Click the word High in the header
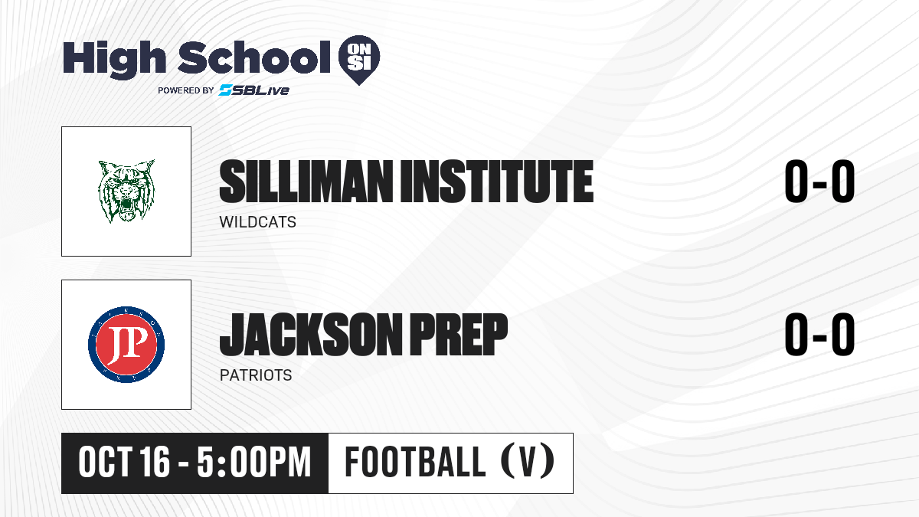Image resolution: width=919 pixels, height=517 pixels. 114,60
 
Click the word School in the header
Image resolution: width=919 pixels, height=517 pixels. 254,57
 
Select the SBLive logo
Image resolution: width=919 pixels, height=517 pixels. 254,90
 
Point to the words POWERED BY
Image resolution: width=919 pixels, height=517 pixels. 186,90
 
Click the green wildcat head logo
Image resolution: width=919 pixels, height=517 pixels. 127,191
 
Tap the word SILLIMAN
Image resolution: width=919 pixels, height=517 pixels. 306,182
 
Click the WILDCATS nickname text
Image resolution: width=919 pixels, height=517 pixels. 257,222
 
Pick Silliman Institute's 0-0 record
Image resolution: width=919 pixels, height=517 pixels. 819,181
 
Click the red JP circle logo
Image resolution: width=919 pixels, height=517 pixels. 126,345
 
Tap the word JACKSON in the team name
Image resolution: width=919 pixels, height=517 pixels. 312,335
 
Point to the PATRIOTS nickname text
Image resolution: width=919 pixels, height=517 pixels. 256,375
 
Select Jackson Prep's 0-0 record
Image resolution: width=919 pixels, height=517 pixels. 819,334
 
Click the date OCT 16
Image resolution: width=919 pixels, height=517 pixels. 124,462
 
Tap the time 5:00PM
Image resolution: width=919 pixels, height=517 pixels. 254,462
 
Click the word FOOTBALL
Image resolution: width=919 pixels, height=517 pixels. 416,462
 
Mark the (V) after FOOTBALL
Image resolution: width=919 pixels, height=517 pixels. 528,461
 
